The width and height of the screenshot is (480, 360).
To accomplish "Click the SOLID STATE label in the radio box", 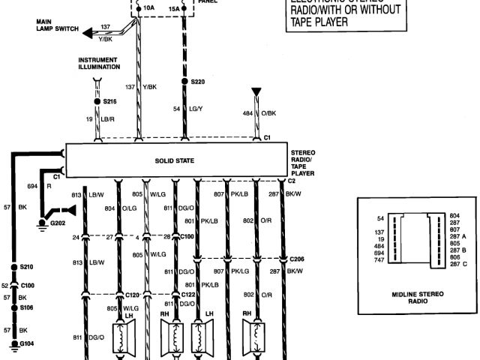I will point(175,160).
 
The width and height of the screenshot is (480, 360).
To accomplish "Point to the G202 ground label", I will point(57,223).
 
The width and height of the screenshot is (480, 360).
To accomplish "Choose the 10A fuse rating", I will point(148,8).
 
